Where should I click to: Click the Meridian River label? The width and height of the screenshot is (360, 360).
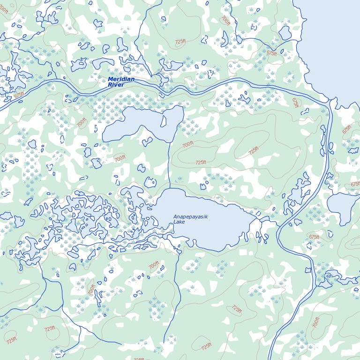coord(121,82)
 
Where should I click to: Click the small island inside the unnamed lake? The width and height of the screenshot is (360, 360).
coord(164,120)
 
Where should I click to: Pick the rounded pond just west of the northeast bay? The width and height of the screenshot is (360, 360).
coord(285,32)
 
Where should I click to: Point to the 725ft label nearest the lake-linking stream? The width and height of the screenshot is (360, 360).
coord(201,162)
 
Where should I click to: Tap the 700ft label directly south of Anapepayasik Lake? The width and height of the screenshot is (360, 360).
coord(154,266)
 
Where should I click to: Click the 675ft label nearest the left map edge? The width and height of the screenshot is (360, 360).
coord(19,95)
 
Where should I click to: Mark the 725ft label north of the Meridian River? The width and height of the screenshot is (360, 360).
coord(180,42)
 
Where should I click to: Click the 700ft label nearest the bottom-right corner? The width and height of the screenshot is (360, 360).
coord(316,322)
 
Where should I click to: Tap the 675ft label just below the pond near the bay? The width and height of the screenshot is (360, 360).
coord(272,53)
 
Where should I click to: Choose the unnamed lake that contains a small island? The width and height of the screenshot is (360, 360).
coord(141,124)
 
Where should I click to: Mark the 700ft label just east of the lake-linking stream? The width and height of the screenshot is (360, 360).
coord(187,145)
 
